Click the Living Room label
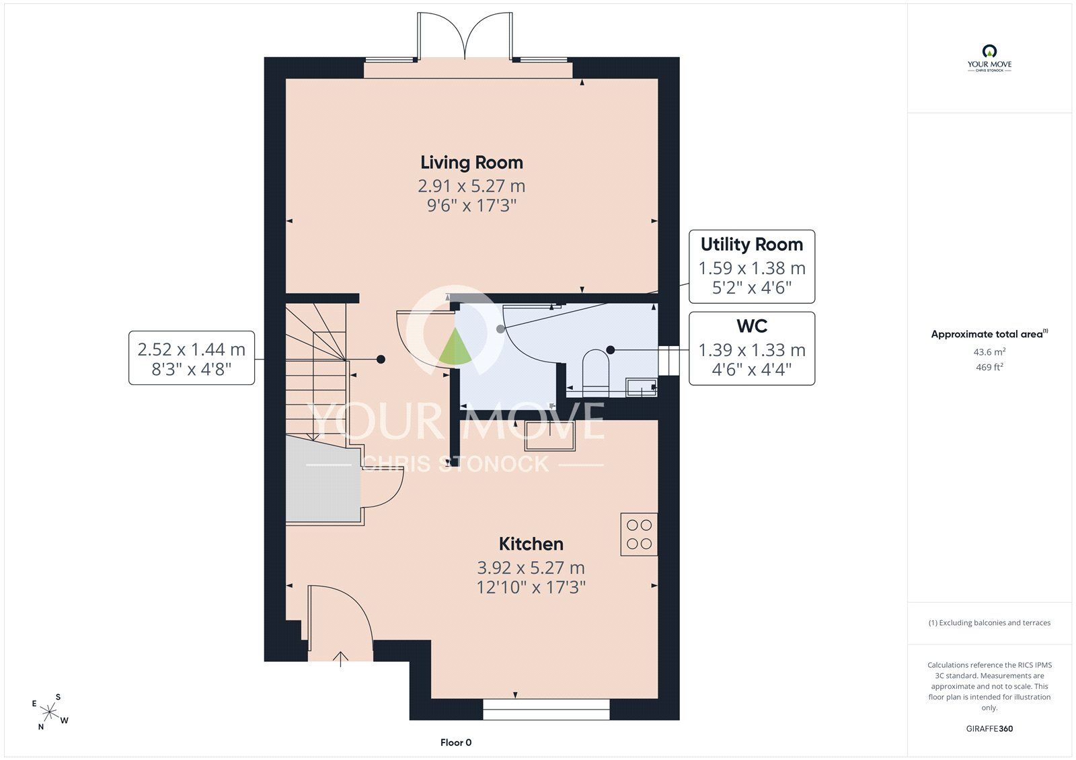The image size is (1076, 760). tap(471, 163)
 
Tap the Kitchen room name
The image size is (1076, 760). tap(531, 544)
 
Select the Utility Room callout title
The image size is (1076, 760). tap(752, 245)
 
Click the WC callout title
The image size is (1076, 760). tap(752, 326)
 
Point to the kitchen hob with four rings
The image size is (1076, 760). tap(639, 534)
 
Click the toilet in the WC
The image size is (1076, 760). tap(596, 372)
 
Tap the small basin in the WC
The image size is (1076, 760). tap(642, 387)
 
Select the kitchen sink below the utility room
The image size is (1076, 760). tap(549, 435)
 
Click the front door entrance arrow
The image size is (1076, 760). tap(340, 659)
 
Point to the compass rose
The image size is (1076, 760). tap(50, 712)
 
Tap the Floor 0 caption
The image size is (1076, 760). tap(456, 743)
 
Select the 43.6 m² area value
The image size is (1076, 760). tap(989, 351)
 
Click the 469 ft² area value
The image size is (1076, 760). tap(989, 367)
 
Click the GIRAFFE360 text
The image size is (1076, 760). tap(989, 728)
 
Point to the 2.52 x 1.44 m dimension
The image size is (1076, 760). tap(191, 349)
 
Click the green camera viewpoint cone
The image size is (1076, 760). tap(455, 347)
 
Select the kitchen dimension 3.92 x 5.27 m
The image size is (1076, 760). tap(531, 568)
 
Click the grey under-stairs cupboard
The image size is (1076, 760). tap(323, 479)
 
